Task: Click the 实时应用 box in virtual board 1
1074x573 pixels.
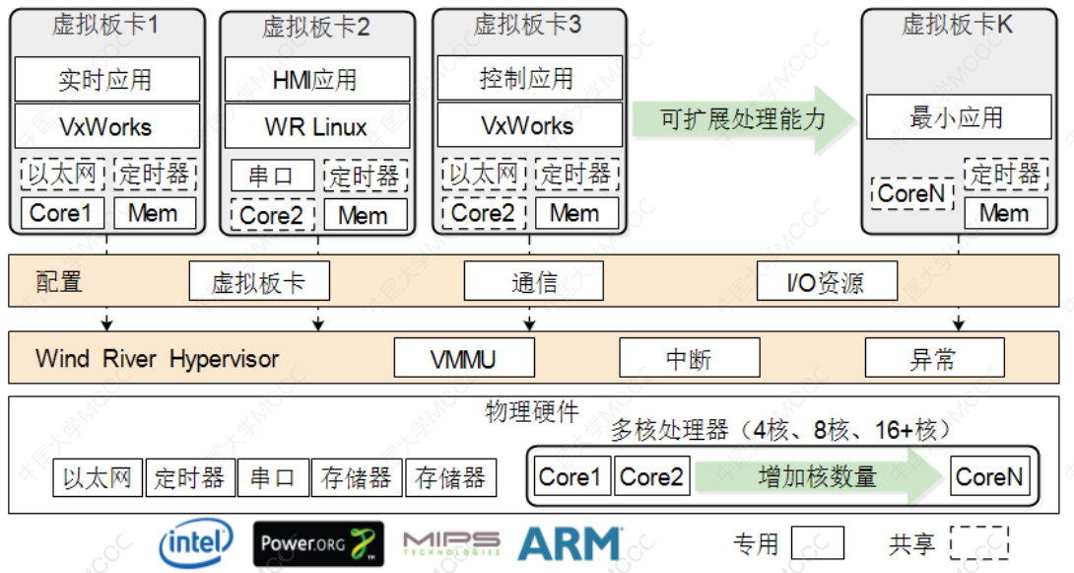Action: (x=106, y=79)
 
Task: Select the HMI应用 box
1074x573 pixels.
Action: (x=316, y=79)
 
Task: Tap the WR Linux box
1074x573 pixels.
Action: (x=316, y=126)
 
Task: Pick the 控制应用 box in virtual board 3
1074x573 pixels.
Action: (x=528, y=78)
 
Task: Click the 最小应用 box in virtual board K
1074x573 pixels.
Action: (x=958, y=117)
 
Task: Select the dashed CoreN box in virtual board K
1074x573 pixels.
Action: (x=912, y=193)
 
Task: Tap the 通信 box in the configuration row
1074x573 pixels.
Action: (x=534, y=283)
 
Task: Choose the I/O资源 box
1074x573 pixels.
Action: (x=826, y=283)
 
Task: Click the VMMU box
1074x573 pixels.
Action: (x=463, y=358)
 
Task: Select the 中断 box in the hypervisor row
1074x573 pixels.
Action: (x=689, y=358)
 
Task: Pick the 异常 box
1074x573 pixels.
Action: (x=934, y=358)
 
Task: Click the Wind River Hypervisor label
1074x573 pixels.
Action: (x=158, y=358)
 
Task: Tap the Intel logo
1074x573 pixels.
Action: (x=196, y=541)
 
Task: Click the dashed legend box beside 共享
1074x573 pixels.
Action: (x=978, y=543)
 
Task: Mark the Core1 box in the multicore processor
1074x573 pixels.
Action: (x=571, y=477)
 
